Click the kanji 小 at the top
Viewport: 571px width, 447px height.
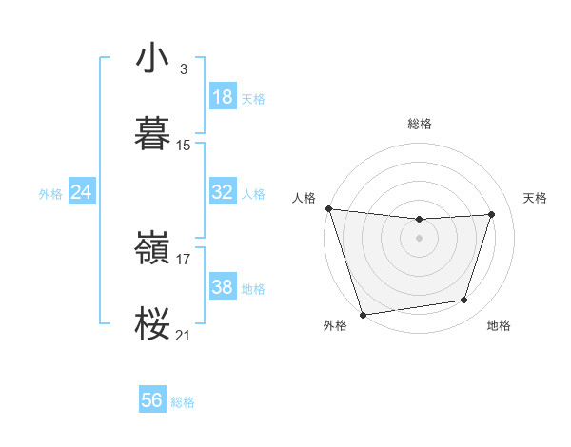coord(153,59)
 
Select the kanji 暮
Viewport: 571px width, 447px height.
coord(153,134)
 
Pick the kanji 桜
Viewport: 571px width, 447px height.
coord(153,324)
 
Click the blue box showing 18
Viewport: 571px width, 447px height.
coord(223,97)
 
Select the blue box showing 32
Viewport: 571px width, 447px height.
coord(223,192)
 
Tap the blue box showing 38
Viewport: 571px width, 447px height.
coord(223,287)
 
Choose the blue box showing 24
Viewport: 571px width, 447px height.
coord(81,192)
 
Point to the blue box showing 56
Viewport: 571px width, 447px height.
coord(152,400)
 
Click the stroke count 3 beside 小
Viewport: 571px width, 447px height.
coord(184,69)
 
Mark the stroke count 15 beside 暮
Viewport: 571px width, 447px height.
coord(184,146)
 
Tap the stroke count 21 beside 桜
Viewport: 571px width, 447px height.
coord(184,336)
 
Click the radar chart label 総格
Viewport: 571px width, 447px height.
coord(420,124)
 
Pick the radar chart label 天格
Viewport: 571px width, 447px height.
coord(536,198)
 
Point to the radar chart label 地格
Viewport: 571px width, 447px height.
coord(499,325)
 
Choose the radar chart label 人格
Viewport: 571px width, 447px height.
coord(305,198)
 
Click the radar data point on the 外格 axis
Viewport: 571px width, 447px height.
coord(363,313)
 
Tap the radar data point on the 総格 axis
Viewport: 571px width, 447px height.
coord(419,220)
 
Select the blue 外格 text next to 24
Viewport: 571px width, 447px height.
coord(50,193)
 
